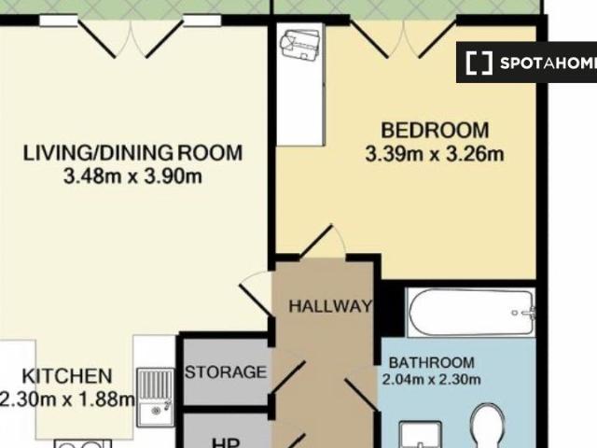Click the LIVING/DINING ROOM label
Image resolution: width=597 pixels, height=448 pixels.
(132, 152)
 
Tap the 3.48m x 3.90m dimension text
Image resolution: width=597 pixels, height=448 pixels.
(132, 175)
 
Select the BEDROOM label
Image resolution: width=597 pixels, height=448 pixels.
(435, 130)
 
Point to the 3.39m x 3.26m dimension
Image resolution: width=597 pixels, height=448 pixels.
(435, 153)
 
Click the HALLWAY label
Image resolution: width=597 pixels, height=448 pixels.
(329, 306)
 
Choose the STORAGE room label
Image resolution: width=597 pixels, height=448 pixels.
(225, 372)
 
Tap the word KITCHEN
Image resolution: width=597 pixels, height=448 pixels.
(67, 376)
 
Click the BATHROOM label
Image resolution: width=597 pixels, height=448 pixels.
(431, 362)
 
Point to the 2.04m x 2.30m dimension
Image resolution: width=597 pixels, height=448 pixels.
(431, 379)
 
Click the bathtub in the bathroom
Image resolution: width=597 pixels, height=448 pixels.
(471, 314)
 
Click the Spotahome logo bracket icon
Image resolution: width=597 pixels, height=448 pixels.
(479, 63)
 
